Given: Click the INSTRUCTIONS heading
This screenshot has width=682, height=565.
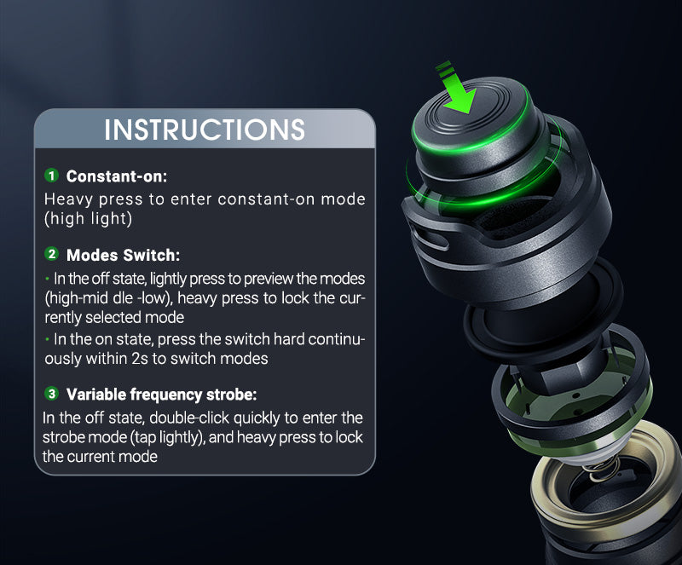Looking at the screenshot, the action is pyautogui.click(x=205, y=130).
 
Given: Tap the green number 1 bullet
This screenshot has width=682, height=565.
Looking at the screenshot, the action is pyautogui.click(x=52, y=176).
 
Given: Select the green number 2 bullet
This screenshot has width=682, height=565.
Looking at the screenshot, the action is pyautogui.click(x=52, y=254).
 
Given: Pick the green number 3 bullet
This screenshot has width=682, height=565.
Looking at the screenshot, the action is pyautogui.click(x=52, y=394).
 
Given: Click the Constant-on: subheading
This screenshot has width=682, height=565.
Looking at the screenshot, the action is pyautogui.click(x=117, y=176).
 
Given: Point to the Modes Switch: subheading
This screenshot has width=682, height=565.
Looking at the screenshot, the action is pyautogui.click(x=123, y=255).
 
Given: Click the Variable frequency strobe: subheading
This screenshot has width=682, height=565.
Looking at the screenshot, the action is pyautogui.click(x=161, y=395).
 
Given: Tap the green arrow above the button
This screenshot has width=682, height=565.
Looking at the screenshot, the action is pyautogui.click(x=458, y=89).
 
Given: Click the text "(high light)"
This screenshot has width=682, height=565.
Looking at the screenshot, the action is pyautogui.click(x=89, y=218).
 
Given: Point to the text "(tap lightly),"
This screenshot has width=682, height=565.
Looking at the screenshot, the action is pyautogui.click(x=167, y=437).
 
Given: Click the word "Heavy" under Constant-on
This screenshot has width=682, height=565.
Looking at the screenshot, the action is pyautogui.click(x=68, y=199).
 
